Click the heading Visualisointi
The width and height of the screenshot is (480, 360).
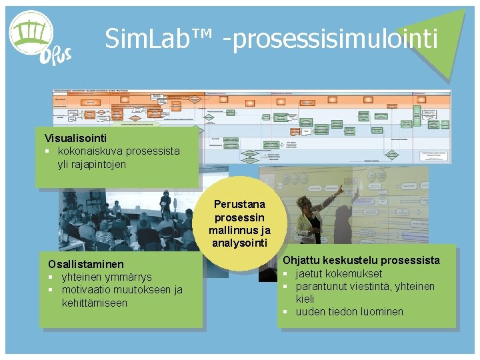click(x=75, y=138)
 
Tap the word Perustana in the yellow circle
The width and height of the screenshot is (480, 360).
click(x=239, y=204)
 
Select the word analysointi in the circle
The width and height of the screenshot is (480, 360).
click(x=239, y=243)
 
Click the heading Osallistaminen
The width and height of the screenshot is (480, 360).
click(x=81, y=264)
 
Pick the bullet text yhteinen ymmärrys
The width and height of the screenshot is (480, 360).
click(x=107, y=277)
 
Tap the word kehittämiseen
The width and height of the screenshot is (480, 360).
click(x=94, y=302)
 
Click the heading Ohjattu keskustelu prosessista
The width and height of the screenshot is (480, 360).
click(x=361, y=260)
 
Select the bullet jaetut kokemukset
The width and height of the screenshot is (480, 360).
click(x=339, y=273)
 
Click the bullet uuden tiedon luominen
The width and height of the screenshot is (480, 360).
click(x=349, y=311)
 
